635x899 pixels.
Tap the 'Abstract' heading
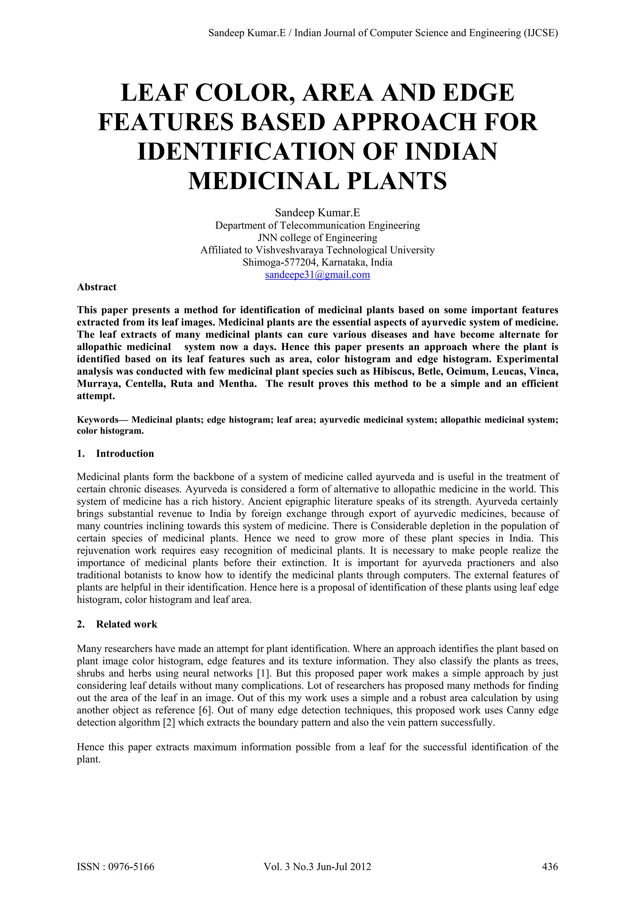point(97,287)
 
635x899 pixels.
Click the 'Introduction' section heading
point(125,453)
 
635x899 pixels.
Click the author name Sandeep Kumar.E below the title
point(317,213)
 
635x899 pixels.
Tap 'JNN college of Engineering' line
point(317,238)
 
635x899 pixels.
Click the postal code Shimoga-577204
point(280,262)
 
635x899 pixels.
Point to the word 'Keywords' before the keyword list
point(97,420)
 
